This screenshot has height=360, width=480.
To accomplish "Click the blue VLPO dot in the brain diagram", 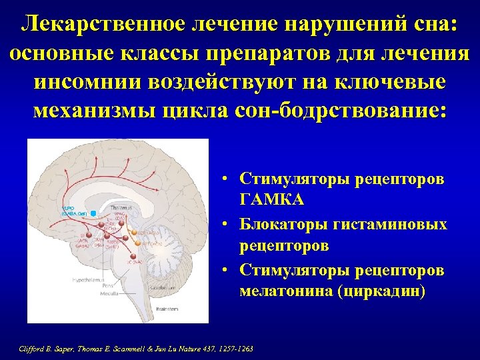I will (x=94, y=212).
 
